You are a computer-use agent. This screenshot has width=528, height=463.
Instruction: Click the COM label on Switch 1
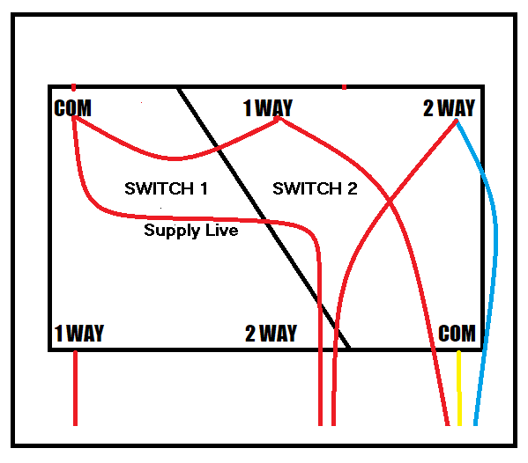coord(72,108)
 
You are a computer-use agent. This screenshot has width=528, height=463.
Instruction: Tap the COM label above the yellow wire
coord(457,334)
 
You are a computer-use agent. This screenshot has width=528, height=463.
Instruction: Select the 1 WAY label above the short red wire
coord(79,334)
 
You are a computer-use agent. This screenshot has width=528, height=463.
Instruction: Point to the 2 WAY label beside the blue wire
coord(449,108)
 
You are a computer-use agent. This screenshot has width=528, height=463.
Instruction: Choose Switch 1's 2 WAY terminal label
coord(271,334)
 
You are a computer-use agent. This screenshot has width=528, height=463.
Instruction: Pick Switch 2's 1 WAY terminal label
coord(268,108)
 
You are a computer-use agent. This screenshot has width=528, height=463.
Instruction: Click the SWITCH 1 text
coord(166,188)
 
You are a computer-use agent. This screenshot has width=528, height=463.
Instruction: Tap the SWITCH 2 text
coord(315,188)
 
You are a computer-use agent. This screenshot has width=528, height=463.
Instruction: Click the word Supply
coord(172,231)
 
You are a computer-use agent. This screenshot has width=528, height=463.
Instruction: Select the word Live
coord(222,230)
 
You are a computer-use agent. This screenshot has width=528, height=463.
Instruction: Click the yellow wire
coord(459,388)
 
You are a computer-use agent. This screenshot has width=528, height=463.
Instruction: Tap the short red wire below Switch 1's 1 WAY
coord(76,388)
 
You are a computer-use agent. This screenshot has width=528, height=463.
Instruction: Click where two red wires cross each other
coord(390,201)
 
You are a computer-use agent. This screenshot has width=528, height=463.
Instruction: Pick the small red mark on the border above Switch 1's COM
coord(74,87)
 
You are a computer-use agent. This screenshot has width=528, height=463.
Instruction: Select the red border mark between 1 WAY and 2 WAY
coord(344,87)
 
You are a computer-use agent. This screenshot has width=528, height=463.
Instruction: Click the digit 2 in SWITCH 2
coord(353,188)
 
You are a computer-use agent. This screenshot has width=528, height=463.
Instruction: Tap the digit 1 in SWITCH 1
coord(205,188)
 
